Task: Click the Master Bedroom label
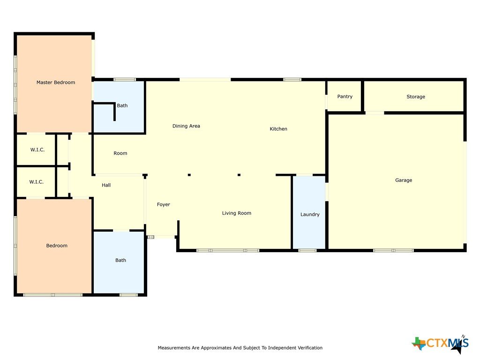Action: click(56, 82)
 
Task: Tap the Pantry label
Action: click(345, 97)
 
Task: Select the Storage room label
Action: click(416, 97)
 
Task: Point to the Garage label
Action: click(404, 180)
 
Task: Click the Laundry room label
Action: click(310, 214)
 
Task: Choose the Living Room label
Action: click(237, 213)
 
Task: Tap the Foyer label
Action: click(164, 204)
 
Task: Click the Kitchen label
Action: click(278, 129)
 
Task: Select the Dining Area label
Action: click(186, 126)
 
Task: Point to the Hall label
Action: click(106, 185)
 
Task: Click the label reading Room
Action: click(120, 153)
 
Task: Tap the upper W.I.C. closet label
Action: click(37, 150)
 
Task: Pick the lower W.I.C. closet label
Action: click(37, 182)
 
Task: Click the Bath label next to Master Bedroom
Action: click(122, 105)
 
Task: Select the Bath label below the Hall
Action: click(120, 260)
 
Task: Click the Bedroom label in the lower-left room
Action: click(57, 246)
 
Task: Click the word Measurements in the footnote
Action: click(174, 348)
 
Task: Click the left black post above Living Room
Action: click(189, 175)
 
